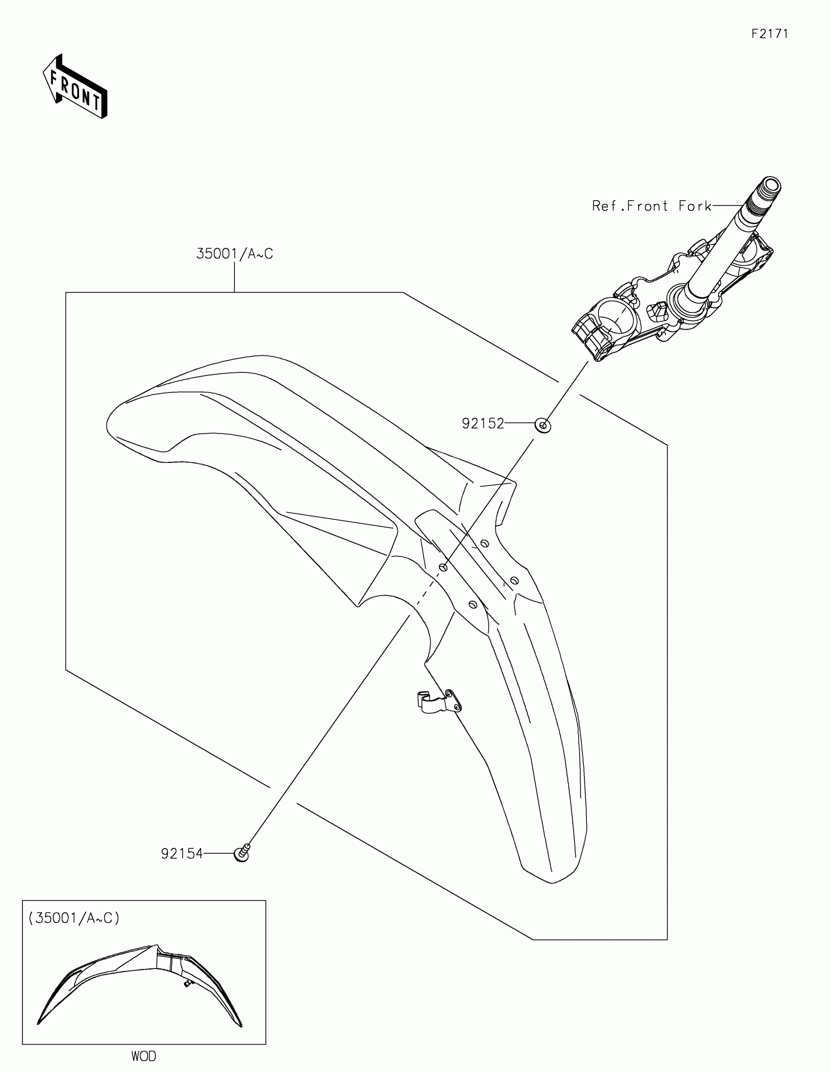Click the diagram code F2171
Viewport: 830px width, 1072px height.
(x=769, y=34)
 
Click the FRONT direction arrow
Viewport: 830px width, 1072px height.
(x=75, y=87)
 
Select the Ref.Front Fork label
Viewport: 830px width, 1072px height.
(x=651, y=206)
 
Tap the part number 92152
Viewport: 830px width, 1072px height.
(x=483, y=424)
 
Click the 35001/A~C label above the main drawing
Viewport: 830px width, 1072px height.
(x=235, y=254)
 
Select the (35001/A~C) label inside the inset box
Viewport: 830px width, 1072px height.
(x=74, y=918)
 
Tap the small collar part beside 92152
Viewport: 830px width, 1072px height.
(x=542, y=425)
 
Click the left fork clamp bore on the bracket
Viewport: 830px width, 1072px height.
(x=616, y=319)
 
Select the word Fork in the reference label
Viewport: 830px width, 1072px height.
(x=695, y=206)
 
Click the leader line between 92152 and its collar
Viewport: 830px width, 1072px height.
(x=520, y=423)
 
